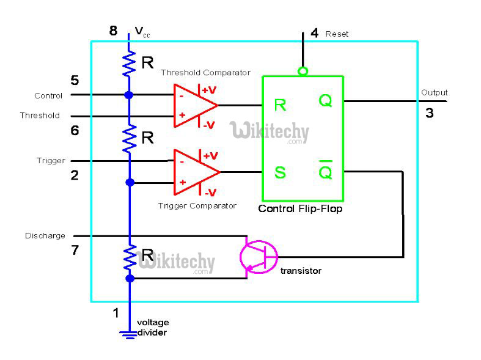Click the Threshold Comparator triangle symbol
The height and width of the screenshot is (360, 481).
(192, 105)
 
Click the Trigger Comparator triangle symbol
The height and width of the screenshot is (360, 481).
(192, 171)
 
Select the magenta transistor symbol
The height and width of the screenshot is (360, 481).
(258, 256)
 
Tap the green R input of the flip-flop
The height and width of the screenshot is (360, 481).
(280, 105)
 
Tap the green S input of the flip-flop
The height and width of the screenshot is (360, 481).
(280, 172)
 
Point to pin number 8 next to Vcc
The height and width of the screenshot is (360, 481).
(113, 31)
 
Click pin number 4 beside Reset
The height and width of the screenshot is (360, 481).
(314, 33)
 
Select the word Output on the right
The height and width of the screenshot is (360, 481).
(434, 93)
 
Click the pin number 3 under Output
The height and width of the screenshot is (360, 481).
(430, 113)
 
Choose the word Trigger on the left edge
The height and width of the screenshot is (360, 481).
(51, 161)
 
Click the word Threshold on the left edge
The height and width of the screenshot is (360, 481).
(40, 116)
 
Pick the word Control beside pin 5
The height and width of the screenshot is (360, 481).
(48, 96)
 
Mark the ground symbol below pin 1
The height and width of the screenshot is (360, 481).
(129, 333)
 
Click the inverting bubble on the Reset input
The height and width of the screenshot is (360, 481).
(303, 72)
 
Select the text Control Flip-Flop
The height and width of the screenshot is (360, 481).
(300, 208)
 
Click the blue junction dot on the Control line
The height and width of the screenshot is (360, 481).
(129, 95)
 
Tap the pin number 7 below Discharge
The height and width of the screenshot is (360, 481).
(75, 251)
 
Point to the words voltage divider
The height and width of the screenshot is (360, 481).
(152, 328)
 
